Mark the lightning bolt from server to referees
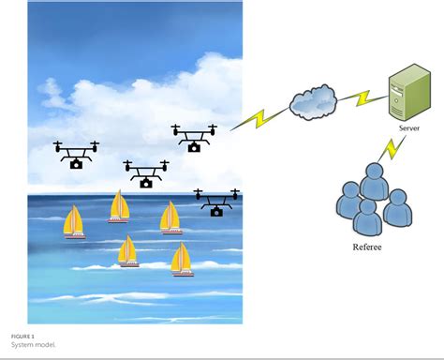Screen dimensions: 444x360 (392, 148)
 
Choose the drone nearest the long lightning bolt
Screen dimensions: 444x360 (194, 137)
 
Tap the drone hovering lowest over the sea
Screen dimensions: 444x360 (216, 202)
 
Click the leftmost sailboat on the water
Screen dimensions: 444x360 (73, 223)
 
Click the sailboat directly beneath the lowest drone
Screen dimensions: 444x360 (170, 217)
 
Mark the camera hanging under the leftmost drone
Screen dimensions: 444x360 (76, 163)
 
